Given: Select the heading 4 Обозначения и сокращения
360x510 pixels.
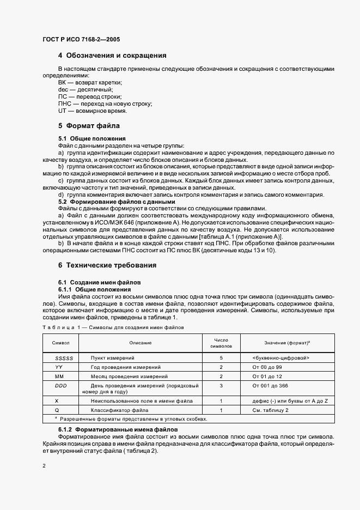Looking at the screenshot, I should [112, 56].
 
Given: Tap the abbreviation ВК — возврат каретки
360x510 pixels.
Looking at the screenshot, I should [90, 82].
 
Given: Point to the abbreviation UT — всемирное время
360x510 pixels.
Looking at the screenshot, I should [92, 111].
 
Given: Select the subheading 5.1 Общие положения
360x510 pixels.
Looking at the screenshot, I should [91, 138].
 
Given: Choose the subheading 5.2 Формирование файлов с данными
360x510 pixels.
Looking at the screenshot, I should [117, 202].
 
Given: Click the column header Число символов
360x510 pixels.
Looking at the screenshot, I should [221, 342].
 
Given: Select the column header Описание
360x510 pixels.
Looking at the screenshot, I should [140, 343].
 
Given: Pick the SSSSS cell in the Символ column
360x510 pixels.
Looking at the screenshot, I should [60, 358].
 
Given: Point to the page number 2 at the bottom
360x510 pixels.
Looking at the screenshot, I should [44, 466].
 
